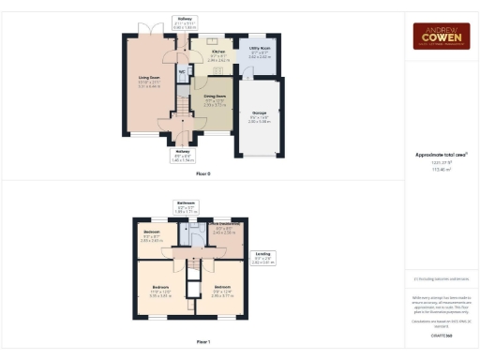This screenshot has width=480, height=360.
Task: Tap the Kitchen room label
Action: (x=217, y=54)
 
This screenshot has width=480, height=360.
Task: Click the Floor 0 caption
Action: (x=203, y=174)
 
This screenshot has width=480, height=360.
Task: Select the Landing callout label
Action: (x=264, y=256)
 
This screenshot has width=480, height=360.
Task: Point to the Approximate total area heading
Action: (x=441, y=155)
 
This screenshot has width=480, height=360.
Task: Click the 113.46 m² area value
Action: (x=441, y=170)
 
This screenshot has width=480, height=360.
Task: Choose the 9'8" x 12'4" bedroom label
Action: (x=221, y=291)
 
